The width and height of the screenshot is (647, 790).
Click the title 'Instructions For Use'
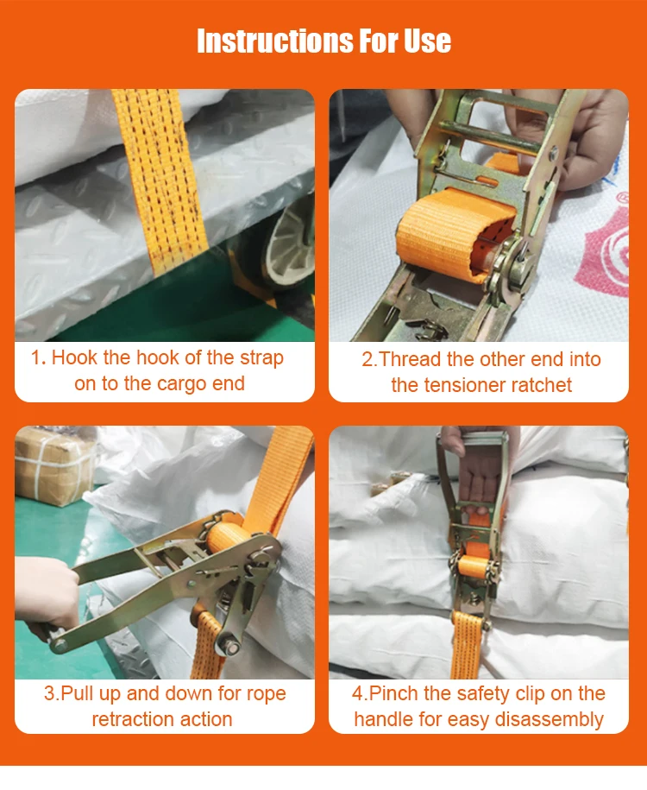coord(323,41)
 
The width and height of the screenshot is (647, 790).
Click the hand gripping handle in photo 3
coord(43,596)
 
